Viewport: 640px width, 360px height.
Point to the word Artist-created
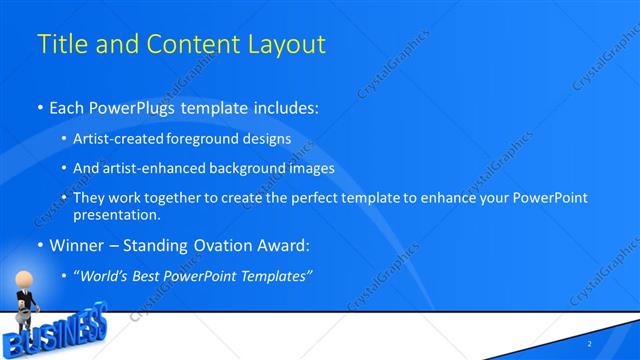[122, 140]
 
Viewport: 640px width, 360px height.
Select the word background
[246, 169]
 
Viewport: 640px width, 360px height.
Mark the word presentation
[115, 214]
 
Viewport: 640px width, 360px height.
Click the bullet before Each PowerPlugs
[39, 106]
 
